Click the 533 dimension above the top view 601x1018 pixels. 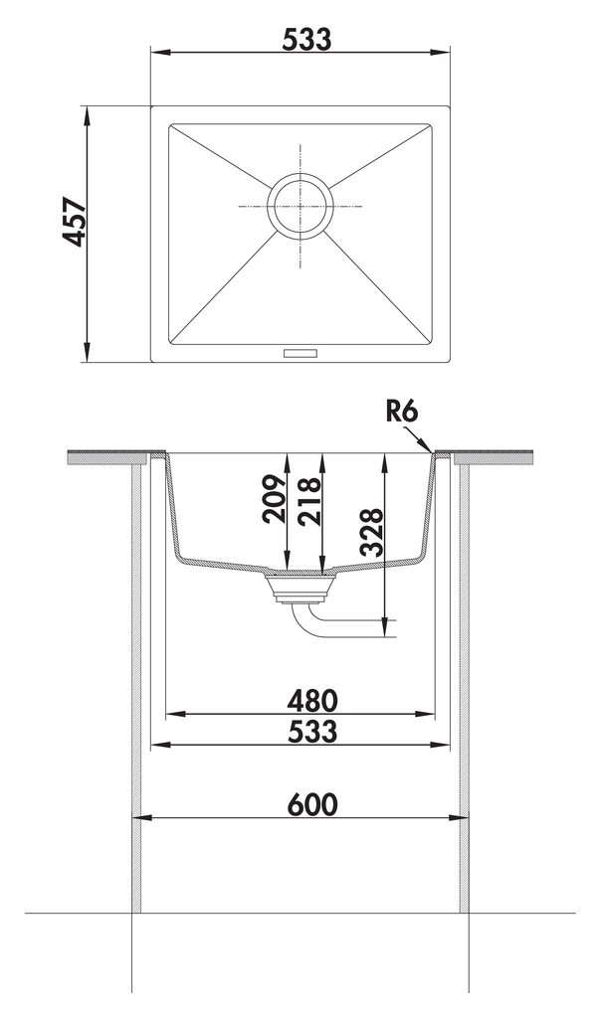(x=306, y=40)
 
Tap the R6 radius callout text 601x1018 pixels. (x=402, y=411)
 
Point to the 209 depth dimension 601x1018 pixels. (x=274, y=499)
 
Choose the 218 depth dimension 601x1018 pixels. (x=308, y=501)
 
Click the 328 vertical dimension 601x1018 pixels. (x=372, y=534)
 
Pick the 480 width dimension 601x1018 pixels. (x=312, y=701)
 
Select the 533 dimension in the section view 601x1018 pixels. (x=312, y=731)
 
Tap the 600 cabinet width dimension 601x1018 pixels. (x=312, y=805)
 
